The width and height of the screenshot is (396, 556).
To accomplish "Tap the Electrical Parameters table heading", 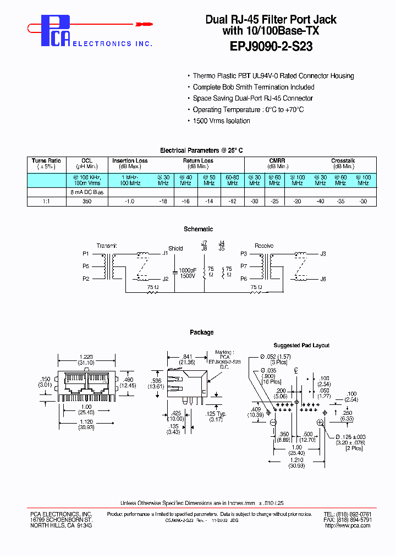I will (201, 150).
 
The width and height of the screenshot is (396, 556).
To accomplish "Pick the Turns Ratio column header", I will (46, 161).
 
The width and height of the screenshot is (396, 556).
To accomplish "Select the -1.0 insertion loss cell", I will (130, 202).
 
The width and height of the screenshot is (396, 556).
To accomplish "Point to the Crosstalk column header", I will (343, 161).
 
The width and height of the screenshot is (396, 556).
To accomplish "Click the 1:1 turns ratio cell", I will (46, 202).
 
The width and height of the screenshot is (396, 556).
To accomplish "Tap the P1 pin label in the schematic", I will (86, 253).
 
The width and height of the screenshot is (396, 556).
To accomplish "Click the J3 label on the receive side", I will (323, 253).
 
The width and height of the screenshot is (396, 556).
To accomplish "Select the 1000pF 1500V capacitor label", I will (187, 273).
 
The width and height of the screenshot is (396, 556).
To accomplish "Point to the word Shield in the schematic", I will (175, 248).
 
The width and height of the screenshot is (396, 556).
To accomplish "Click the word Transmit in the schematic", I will (107, 246).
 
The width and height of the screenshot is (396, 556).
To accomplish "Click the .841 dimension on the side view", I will (187, 357).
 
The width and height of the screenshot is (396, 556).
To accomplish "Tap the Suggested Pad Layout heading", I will (301, 346).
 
